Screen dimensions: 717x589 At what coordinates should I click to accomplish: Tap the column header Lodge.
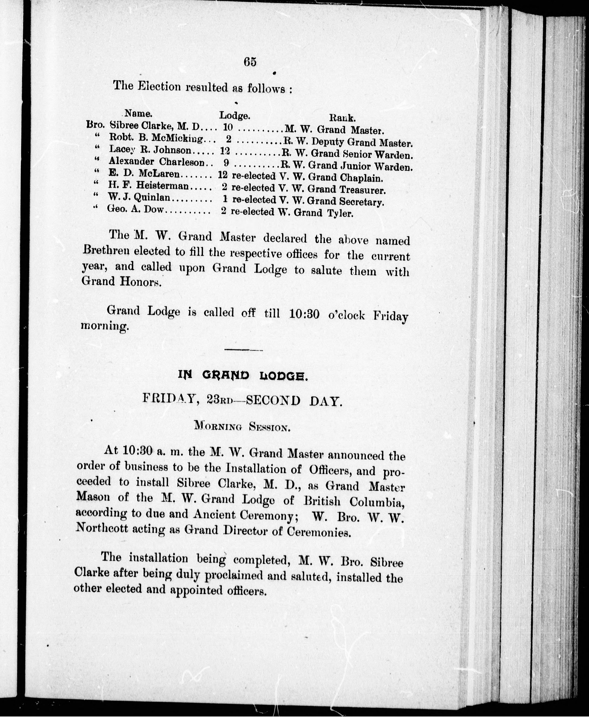(x=235, y=116)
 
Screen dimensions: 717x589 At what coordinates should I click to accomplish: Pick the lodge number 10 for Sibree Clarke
(x=228, y=127)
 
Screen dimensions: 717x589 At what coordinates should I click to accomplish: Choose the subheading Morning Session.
(x=242, y=426)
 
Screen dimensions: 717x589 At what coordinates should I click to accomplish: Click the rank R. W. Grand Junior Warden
(x=346, y=166)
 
